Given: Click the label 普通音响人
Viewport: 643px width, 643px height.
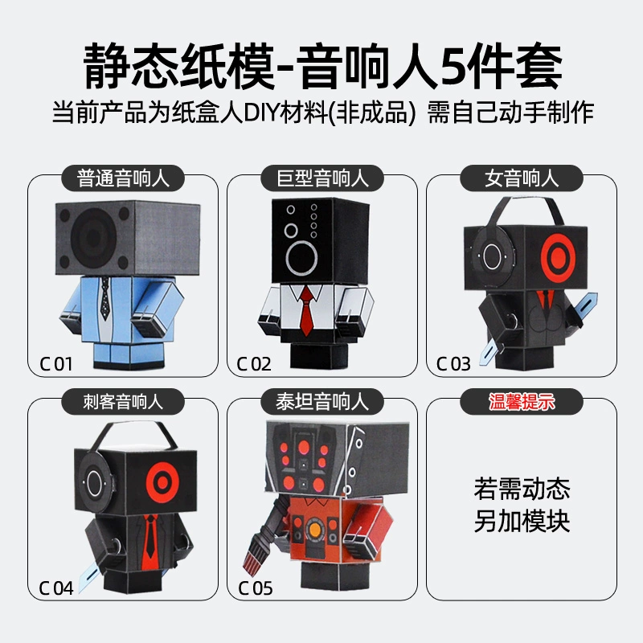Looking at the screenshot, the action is [x=123, y=178].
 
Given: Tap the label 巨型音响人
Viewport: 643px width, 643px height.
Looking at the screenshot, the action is [x=322, y=178].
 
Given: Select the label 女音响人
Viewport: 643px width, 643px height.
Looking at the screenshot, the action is [x=522, y=178].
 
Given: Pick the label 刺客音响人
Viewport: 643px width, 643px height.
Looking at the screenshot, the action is [x=123, y=402].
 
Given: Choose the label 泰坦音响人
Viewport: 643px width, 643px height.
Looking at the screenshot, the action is [x=322, y=402].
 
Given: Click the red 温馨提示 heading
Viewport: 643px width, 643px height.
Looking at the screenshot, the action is [x=522, y=402].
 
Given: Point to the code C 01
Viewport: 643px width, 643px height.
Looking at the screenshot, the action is [x=55, y=364].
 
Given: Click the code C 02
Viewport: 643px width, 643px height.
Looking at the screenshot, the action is [x=254, y=364].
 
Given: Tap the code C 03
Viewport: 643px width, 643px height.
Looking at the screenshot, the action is [x=453, y=364].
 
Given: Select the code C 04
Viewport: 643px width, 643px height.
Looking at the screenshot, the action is [x=56, y=588].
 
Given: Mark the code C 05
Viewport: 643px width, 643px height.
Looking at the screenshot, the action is [x=256, y=588].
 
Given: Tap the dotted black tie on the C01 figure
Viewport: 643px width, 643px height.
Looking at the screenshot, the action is [x=105, y=298].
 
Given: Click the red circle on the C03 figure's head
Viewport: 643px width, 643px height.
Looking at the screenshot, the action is [x=558, y=256].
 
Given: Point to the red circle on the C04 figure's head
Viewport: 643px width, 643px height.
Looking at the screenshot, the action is [x=163, y=483].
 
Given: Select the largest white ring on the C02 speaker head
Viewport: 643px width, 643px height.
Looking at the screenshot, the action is [x=301, y=258].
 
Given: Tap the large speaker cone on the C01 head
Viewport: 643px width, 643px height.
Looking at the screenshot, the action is [x=93, y=235].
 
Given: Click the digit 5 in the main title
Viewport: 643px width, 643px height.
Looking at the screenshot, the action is [x=455, y=67].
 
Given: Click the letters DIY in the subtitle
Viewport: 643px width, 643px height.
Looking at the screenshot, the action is [x=261, y=113].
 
